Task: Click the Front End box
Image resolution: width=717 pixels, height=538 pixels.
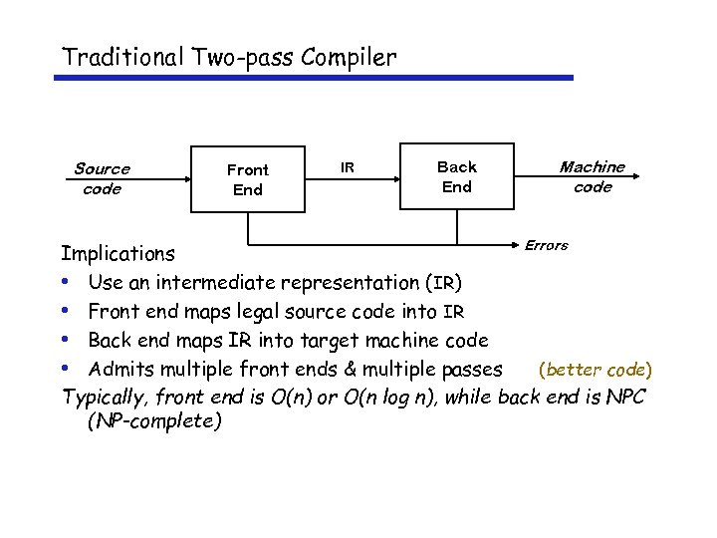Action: pyautogui.click(x=247, y=179)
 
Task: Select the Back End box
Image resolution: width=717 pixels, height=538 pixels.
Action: pyautogui.click(x=456, y=177)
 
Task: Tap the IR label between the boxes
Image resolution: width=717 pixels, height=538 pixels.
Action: pyautogui.click(x=347, y=167)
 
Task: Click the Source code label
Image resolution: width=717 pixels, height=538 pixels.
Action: pyautogui.click(x=102, y=179)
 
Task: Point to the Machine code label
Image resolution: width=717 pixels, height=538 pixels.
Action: pyautogui.click(x=593, y=177)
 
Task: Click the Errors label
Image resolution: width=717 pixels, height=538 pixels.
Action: pyautogui.click(x=546, y=245)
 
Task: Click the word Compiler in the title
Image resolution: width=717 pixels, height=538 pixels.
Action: pyautogui.click(x=351, y=57)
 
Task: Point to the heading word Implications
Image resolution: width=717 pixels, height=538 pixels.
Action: pyautogui.click(x=118, y=254)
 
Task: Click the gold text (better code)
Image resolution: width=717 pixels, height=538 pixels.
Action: pyautogui.click(x=595, y=370)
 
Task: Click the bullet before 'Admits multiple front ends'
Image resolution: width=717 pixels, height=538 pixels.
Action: pyautogui.click(x=65, y=370)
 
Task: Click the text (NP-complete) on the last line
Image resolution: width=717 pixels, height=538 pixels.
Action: pyautogui.click(x=154, y=421)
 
